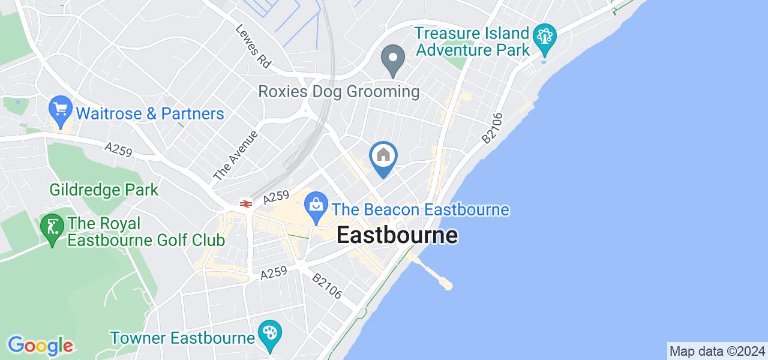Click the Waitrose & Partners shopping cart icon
(60, 109)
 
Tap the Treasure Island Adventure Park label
(473, 41)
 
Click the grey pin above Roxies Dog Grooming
(393, 61)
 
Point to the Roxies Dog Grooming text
(338, 92)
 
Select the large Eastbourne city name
(397, 235)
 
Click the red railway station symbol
(245, 204)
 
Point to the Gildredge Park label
(104, 190)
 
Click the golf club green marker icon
(52, 229)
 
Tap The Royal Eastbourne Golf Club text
(146, 232)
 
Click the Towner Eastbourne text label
(182, 338)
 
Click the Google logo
(40, 346)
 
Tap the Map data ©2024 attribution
(717, 351)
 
